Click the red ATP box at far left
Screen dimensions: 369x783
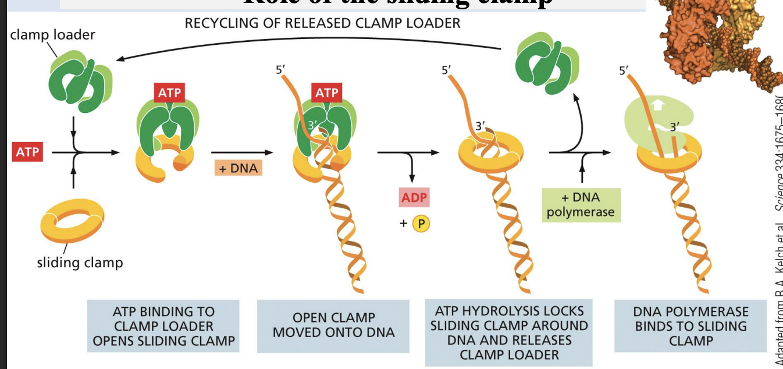coord(27,152)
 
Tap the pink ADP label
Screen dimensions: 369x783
coord(414,198)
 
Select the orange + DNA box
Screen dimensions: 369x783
coord(237,168)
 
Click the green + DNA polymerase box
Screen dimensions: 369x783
coord(581,205)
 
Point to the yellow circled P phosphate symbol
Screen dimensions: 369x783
coord(420,223)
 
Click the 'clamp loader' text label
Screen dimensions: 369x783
coord(52,35)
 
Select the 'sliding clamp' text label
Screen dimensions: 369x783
coord(80,262)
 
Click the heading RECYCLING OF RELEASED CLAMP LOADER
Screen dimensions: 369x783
coord(322,23)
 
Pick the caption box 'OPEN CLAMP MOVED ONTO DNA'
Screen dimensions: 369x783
coord(333,325)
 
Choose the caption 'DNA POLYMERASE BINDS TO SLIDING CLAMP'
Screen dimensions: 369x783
coord(691,326)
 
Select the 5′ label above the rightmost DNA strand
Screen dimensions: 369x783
coord(624,72)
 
